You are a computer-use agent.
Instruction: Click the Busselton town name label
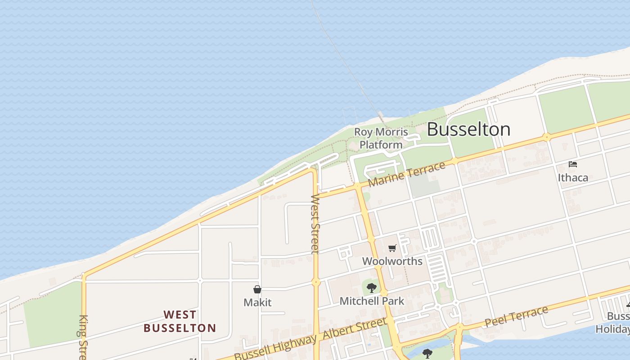point(468,130)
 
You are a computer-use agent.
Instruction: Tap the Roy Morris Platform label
point(381,138)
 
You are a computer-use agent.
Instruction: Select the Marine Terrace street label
point(407,175)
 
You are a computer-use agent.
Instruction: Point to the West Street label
point(315,224)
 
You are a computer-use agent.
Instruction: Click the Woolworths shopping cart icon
point(392,248)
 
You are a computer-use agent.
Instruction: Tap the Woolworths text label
point(392,261)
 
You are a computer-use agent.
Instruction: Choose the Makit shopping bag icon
point(257,289)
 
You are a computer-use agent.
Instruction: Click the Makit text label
point(257,302)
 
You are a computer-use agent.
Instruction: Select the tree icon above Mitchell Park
point(371,288)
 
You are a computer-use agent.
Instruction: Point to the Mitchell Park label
point(372,301)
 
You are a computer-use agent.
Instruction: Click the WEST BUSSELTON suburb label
point(180,321)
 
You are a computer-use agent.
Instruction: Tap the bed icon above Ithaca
point(573,164)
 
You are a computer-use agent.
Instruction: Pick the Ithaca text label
point(573,177)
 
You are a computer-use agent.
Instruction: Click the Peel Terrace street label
point(517,316)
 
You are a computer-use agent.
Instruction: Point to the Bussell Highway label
point(275,348)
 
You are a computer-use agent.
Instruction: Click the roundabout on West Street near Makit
point(316,282)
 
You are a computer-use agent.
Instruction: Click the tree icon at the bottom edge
point(427,353)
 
